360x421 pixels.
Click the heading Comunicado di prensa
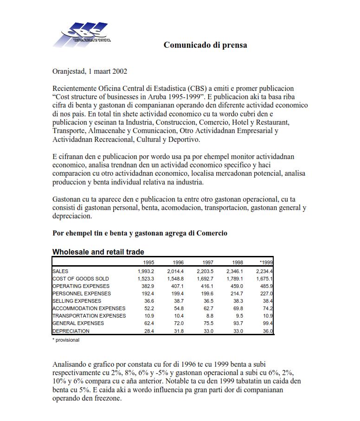(x=205, y=45)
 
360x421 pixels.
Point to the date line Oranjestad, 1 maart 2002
(x=90, y=71)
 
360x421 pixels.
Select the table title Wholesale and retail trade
(x=98, y=252)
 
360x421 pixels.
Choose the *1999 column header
(x=266, y=262)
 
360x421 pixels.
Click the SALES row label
(x=60, y=271)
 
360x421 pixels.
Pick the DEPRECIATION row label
(x=71, y=331)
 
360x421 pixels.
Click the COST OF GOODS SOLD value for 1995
(x=146, y=279)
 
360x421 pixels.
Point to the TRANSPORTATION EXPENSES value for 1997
(x=208, y=316)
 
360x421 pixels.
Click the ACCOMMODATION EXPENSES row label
(x=89, y=308)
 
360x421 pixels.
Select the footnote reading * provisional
(x=65, y=340)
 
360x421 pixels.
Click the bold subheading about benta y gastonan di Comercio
(x=140, y=233)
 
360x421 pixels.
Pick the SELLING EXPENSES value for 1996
(x=178, y=301)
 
